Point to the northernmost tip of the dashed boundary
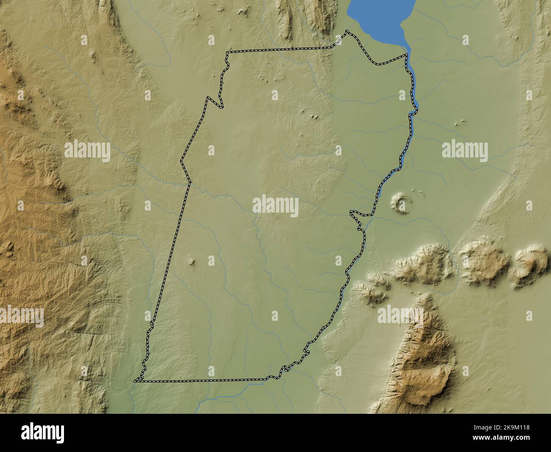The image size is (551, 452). click(347, 31)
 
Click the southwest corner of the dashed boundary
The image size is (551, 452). click(136, 381)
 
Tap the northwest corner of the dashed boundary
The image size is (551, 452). click(227, 53)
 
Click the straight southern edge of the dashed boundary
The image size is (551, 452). click(203, 381)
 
